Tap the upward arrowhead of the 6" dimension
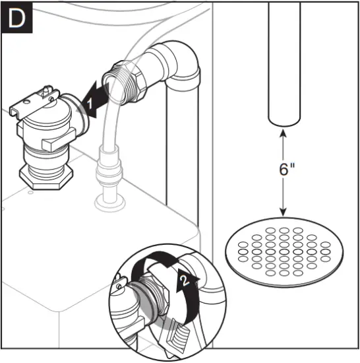coord(284,133)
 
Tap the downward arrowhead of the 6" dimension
coord(284,211)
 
